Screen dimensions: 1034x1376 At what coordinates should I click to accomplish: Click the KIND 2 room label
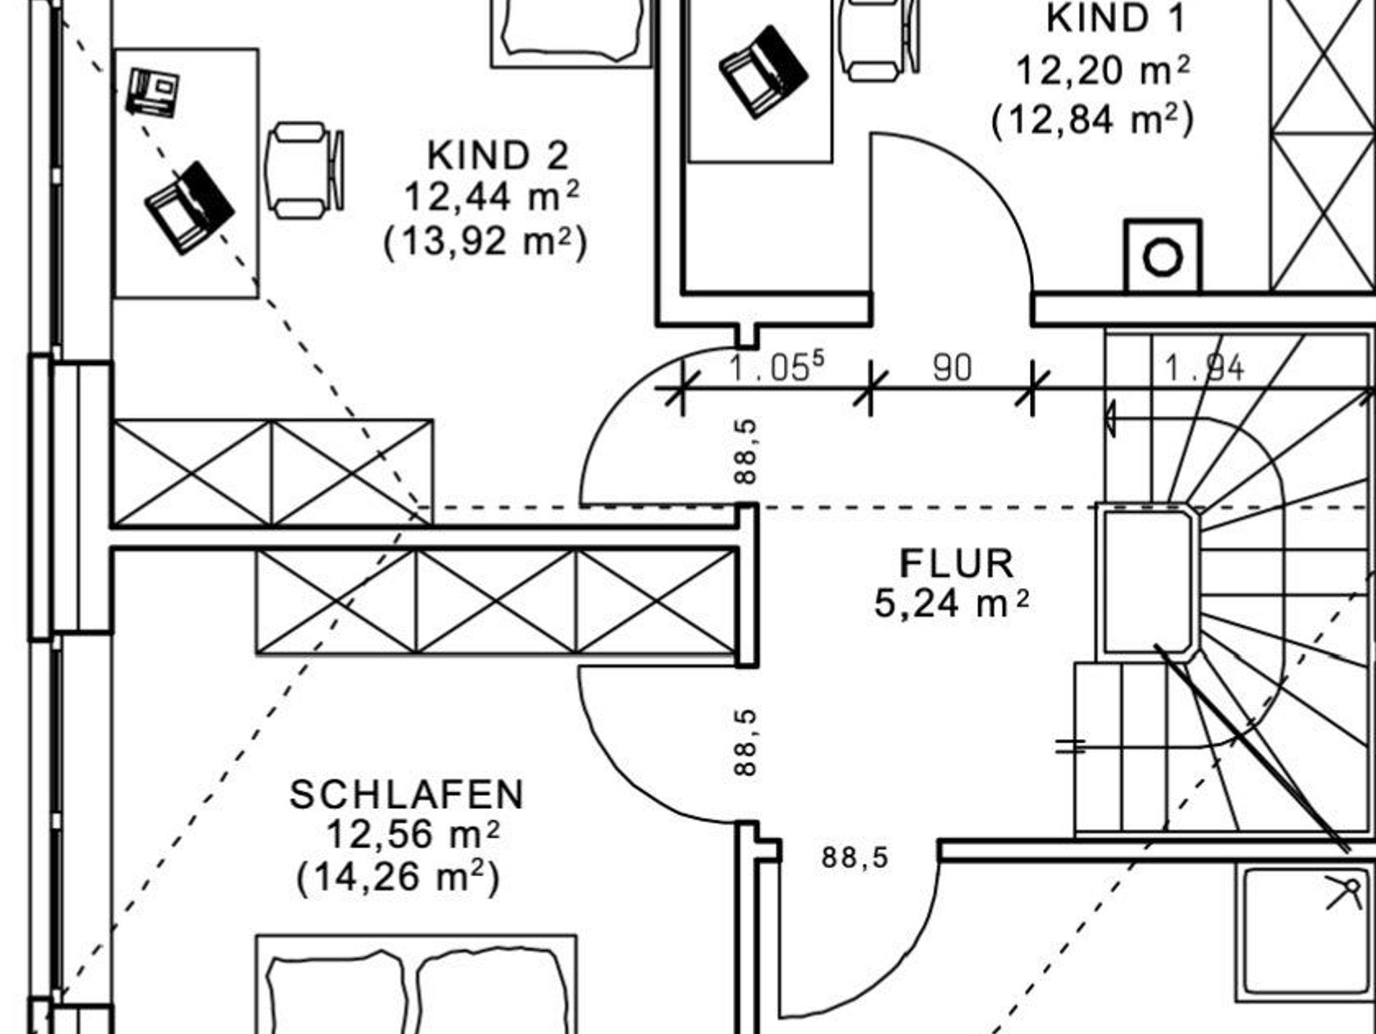click(498, 156)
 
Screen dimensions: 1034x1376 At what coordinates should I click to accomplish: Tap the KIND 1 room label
click(1115, 19)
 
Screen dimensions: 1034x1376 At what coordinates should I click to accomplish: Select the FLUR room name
click(956, 564)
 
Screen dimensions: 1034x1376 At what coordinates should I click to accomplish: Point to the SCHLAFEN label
click(406, 795)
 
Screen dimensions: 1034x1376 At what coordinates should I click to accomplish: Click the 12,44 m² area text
click(491, 198)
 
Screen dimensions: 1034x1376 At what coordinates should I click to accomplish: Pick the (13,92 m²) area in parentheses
click(485, 241)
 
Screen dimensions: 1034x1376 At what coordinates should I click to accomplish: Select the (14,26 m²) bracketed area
click(398, 877)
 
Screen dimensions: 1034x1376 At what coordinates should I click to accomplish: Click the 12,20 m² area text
click(1103, 71)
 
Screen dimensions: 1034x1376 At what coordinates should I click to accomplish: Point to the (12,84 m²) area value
click(1093, 120)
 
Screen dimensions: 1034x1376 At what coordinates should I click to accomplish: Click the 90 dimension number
click(952, 368)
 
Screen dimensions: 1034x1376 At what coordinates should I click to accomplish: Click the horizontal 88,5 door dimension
click(855, 858)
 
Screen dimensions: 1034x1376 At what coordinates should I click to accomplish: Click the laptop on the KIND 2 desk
click(189, 207)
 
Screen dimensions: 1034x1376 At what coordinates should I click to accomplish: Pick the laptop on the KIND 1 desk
click(763, 71)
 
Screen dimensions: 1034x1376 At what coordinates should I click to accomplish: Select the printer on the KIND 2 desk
click(154, 92)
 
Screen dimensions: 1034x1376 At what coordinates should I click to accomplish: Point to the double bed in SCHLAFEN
click(416, 985)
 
